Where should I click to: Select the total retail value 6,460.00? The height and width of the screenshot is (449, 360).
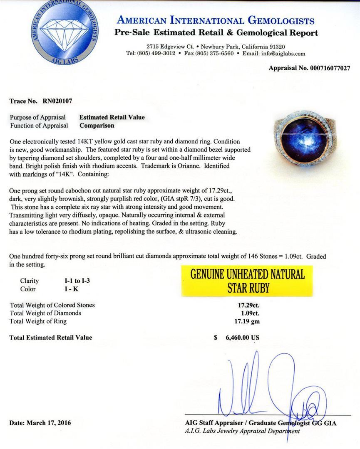[x=242, y=338]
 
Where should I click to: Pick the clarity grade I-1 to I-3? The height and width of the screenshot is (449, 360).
[x=74, y=281]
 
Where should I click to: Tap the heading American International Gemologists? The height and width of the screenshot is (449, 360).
[x=216, y=20]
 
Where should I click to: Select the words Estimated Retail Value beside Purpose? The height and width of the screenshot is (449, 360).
[x=112, y=117]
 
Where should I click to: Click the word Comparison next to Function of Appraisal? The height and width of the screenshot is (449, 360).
[x=97, y=125]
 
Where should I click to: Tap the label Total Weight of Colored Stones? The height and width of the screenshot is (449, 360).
[x=52, y=305]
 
